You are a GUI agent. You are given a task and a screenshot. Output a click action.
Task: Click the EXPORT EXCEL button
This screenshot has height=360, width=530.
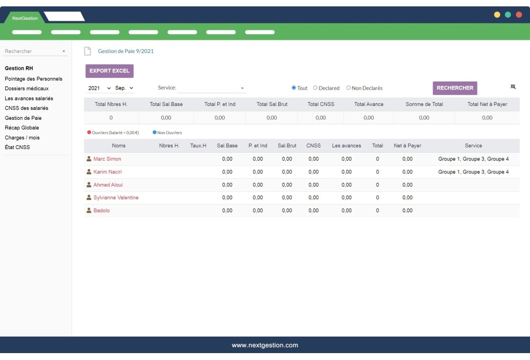[109, 71]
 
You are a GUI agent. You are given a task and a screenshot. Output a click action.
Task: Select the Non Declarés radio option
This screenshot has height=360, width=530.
[349, 88]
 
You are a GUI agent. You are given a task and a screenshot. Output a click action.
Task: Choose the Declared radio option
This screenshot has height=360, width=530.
[315, 88]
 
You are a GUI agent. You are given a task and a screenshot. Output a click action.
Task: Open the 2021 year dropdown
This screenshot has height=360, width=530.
[99, 88]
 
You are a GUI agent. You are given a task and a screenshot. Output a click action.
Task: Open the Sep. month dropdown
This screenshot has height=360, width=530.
[125, 88]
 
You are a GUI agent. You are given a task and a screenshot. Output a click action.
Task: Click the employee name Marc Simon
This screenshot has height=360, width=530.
[107, 159]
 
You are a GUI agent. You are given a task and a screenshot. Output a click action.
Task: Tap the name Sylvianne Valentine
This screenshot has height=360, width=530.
[116, 198]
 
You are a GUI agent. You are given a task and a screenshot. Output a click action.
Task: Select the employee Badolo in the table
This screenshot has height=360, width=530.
[101, 210]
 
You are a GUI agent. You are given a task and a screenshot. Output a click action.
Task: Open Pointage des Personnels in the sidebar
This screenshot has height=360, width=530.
[33, 79]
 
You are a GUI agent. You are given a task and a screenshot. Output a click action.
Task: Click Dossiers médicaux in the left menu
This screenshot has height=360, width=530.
[26, 89]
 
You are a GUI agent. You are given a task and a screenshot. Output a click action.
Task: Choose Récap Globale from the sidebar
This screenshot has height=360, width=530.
[22, 128]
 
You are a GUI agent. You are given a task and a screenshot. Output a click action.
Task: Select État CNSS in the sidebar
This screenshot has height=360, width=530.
[17, 147]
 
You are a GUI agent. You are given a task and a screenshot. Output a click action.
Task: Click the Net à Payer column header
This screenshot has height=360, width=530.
[408, 146]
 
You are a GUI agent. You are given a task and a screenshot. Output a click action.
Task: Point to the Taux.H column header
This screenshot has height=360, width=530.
[198, 146]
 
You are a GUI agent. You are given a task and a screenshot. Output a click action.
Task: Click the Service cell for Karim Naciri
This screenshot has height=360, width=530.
[473, 172]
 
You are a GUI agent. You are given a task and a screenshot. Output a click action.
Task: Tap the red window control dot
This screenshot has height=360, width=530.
[519, 15]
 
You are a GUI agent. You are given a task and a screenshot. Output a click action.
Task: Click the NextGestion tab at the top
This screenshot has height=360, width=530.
[25, 18]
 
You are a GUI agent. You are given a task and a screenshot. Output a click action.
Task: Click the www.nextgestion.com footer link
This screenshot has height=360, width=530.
[265, 345]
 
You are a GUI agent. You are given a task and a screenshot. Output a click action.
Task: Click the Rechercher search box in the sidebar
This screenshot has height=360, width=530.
[32, 51]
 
